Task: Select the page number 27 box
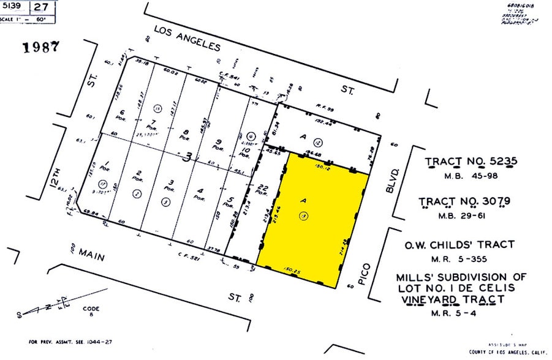coord(41,8)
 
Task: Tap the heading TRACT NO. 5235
coord(472,162)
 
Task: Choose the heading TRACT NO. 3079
coord(465,201)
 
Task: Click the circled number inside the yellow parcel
coord(301,216)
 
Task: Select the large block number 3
coord(189,158)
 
